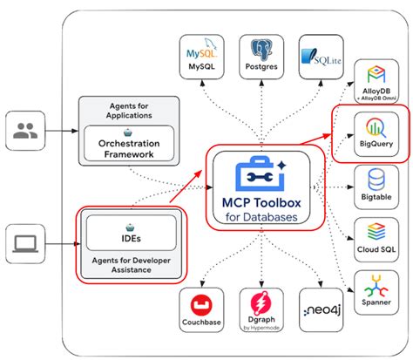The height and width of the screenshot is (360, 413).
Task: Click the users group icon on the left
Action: tap(26, 132)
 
